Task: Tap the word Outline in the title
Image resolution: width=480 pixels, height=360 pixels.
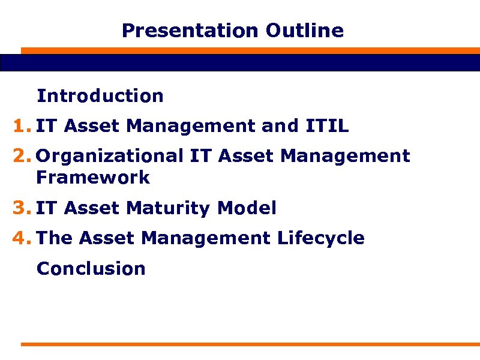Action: click(305, 31)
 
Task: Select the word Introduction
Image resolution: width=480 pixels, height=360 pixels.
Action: click(100, 96)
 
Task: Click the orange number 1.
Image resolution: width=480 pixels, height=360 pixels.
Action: click(20, 127)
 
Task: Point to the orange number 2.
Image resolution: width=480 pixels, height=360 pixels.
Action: click(20, 157)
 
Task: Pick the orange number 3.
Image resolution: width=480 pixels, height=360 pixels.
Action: click(20, 209)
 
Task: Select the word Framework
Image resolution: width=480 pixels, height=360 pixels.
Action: click(93, 178)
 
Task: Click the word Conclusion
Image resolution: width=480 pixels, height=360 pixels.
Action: click(91, 269)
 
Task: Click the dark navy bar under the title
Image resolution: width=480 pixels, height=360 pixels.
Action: click(240, 62)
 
